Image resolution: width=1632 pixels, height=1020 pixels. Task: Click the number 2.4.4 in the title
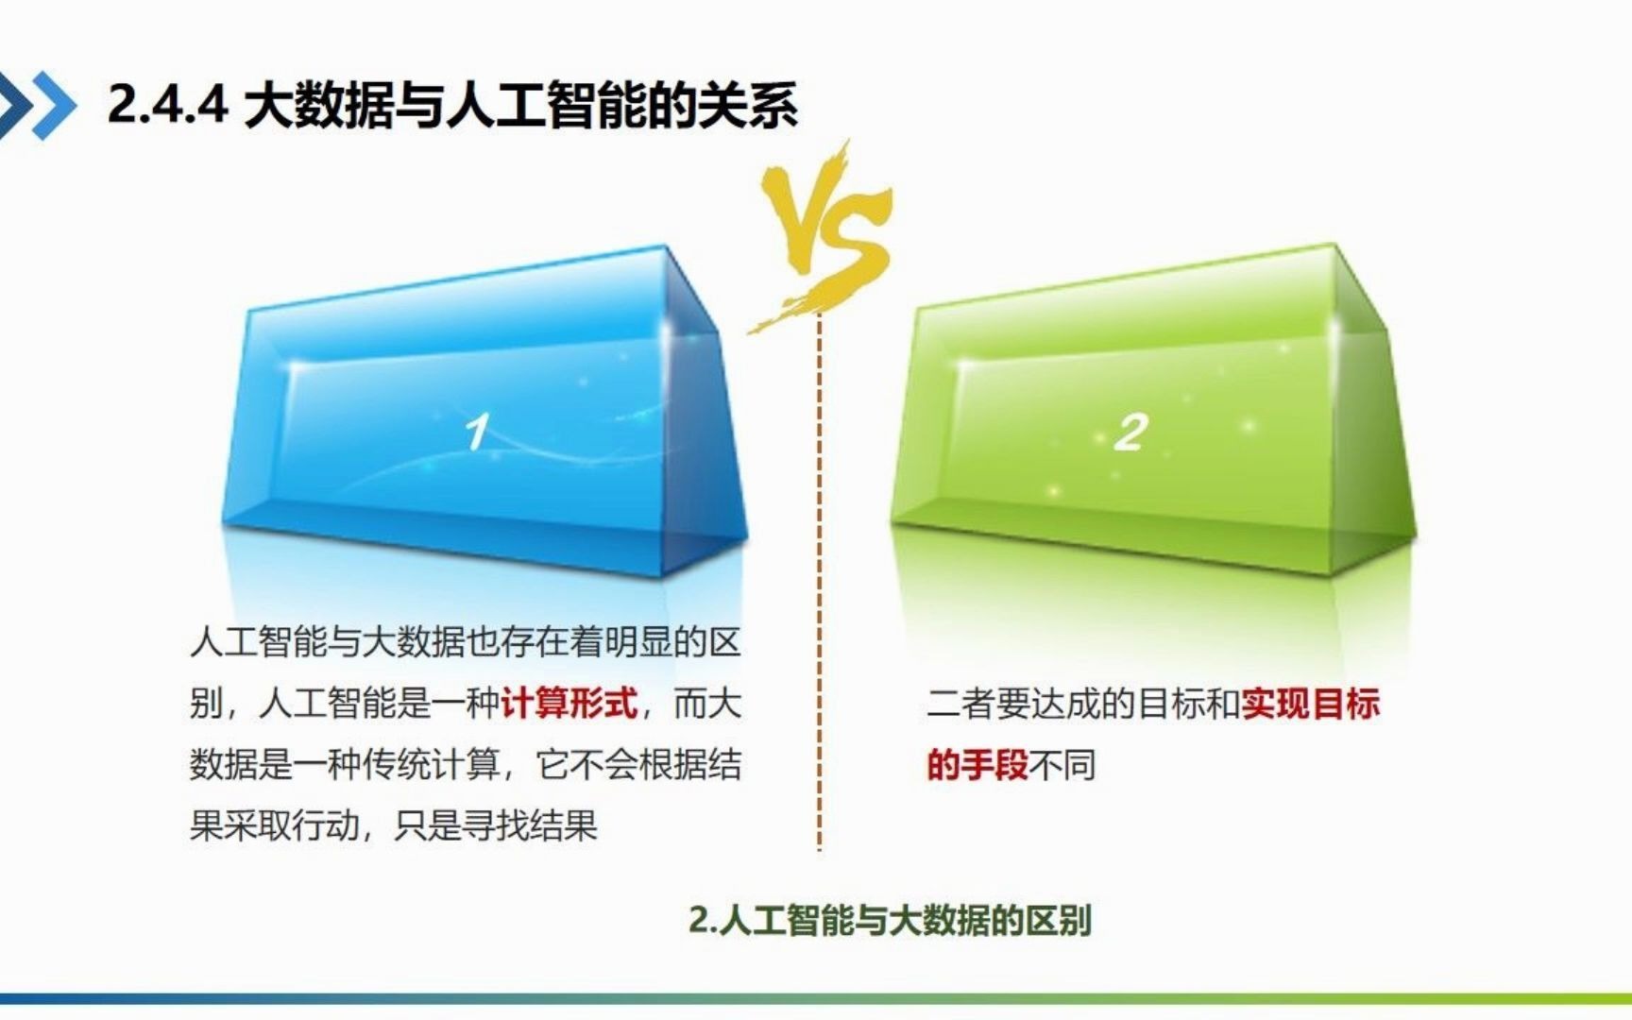pyautogui.click(x=167, y=104)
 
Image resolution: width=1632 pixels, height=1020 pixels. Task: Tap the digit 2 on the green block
pyautogui.click(x=1130, y=433)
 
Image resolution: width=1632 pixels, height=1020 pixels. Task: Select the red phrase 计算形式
pyautogui.click(x=569, y=704)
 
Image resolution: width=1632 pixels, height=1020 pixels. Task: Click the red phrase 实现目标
pyautogui.click(x=1311, y=704)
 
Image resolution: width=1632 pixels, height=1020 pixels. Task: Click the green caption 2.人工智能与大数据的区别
pyautogui.click(x=890, y=920)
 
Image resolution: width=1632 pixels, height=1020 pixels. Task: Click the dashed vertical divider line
pyautogui.click(x=819, y=586)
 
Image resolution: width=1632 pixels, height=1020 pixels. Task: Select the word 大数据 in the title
pyautogui.click(x=318, y=104)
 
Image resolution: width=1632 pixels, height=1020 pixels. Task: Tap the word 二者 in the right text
pyautogui.click(x=960, y=704)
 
